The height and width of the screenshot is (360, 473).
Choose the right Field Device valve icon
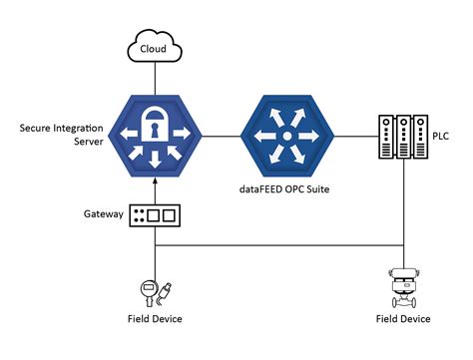[x=404, y=290]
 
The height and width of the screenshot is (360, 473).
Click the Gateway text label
[x=104, y=214]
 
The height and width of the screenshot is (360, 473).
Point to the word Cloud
[x=153, y=47]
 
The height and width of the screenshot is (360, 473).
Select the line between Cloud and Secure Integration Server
[x=153, y=75]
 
